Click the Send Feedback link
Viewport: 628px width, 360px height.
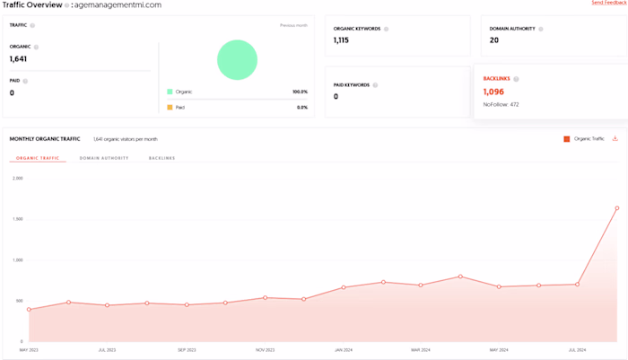coord(609,4)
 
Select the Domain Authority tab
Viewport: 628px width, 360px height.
coord(104,158)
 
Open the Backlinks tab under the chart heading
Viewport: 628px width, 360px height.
coord(162,158)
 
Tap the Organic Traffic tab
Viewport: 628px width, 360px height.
coord(38,158)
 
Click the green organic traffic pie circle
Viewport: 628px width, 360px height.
coord(237,60)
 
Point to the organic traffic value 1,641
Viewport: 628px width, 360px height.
coord(19,59)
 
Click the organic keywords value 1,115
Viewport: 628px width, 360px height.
coord(341,40)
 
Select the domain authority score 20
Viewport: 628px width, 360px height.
coord(493,40)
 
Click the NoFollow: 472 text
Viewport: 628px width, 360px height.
coord(501,104)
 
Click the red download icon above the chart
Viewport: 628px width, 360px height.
coord(615,138)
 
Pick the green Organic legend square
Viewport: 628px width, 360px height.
coord(170,92)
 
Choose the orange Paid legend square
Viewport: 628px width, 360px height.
coord(170,107)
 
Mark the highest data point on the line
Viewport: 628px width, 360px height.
coord(617,208)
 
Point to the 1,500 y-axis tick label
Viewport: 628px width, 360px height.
coord(18,219)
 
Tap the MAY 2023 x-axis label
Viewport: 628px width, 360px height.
coord(29,349)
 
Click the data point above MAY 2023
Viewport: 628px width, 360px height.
coord(29,310)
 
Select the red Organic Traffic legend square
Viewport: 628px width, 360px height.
coord(566,139)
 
